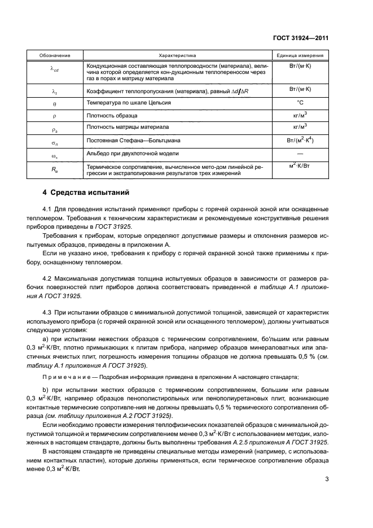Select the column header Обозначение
point(55,56)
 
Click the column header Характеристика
point(177,56)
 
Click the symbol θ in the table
point(55,104)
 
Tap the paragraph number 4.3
point(47,312)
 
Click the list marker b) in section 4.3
point(46,390)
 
